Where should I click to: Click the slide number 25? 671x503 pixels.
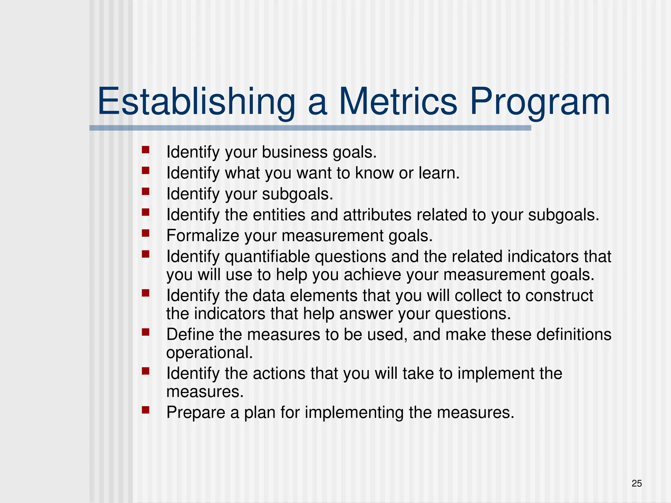tap(637, 483)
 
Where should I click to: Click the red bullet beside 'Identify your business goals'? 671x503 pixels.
tap(145, 150)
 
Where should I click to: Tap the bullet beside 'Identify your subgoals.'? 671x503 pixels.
tap(145, 192)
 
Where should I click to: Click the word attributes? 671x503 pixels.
tap(377, 215)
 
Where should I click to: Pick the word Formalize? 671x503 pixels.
tap(202, 236)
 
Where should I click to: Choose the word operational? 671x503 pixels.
tap(209, 353)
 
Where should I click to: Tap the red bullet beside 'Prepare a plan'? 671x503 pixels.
tap(145, 410)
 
